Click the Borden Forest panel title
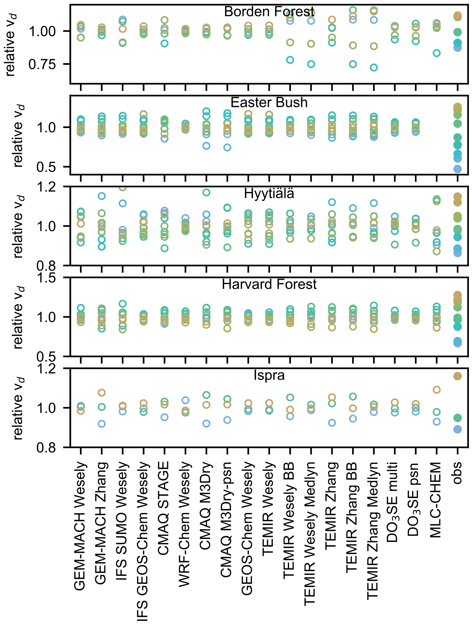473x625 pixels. tap(269, 12)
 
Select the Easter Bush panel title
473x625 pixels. tap(269, 102)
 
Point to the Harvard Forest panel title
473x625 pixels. tap(269, 284)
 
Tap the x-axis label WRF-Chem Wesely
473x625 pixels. tap(185, 524)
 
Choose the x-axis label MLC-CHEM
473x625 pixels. tap(436, 500)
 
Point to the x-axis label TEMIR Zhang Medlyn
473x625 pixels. tap(373, 531)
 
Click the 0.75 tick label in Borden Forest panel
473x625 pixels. tap(42, 64)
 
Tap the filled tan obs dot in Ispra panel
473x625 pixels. tap(457, 376)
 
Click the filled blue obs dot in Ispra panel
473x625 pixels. tap(457, 429)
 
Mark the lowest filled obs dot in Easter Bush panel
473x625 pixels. tap(457, 169)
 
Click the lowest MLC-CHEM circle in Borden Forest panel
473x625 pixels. tap(437, 53)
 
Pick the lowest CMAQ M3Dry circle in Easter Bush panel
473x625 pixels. tap(206, 146)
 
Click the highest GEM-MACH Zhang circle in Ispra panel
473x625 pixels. tap(102, 392)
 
